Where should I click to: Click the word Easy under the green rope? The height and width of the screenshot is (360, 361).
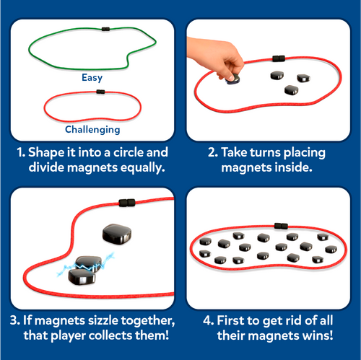coord(92,78)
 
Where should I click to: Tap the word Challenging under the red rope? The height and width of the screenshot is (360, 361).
coord(92,130)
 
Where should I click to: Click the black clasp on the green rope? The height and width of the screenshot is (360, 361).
coord(105,29)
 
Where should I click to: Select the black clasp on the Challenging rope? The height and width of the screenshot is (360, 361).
coord(100,92)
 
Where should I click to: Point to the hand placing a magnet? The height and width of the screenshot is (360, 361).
coord(217,56)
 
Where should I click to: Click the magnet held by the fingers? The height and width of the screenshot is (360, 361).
coord(233,79)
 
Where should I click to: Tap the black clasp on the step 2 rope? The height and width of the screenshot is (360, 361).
coord(279,58)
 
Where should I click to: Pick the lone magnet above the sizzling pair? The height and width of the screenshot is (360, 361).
coord(117,234)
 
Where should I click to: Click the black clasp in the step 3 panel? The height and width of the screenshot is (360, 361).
coord(127,203)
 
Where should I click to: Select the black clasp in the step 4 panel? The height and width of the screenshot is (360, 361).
coord(281,226)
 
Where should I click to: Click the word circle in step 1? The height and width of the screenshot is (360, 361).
coord(129,152)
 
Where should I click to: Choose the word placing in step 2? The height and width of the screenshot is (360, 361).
coord(305,153)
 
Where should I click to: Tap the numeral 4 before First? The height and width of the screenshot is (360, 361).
coord(207,320)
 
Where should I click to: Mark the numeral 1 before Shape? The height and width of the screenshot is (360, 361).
coord(21,153)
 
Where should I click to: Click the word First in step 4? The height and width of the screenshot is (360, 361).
coord(230,320)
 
